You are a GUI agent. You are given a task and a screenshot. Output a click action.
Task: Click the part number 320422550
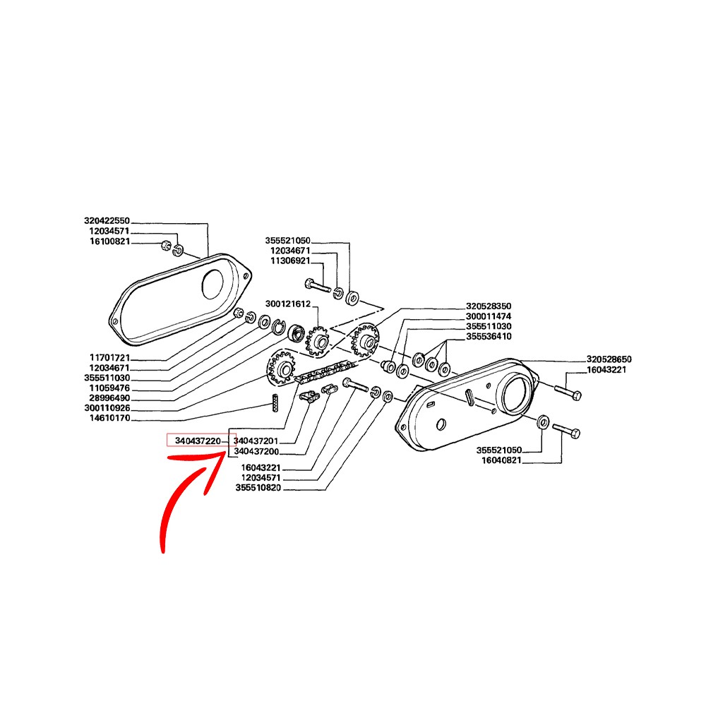tap(107, 220)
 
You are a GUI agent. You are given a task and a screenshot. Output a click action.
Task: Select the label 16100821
tap(110, 241)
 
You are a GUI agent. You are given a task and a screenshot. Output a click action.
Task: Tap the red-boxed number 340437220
tap(198, 441)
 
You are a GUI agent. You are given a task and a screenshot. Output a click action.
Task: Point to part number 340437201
tap(256, 441)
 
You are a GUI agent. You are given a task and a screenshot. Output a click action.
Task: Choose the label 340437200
tap(256, 451)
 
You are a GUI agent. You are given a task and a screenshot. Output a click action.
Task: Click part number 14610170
tap(110, 418)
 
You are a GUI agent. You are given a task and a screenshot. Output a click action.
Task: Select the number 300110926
tap(107, 408)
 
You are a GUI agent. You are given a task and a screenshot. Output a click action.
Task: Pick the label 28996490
tap(110, 398)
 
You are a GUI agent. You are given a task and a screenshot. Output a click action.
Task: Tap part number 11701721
tap(110, 358)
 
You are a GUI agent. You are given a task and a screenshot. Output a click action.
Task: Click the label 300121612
tap(288, 304)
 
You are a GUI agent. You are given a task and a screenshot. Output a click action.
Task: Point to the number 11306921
tap(290, 261)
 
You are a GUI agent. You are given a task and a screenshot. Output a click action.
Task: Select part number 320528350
tap(489, 306)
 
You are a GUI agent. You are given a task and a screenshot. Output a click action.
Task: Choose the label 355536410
tap(489, 336)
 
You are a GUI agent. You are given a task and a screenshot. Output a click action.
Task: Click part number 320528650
tap(609, 359)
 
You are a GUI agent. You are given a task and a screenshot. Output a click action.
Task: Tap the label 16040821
tap(501, 460)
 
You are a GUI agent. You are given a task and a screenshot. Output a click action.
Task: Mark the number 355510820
tap(258, 488)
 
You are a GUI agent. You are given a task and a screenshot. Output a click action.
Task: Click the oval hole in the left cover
tap(213, 285)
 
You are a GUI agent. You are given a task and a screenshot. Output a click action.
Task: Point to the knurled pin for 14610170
tap(275, 402)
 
